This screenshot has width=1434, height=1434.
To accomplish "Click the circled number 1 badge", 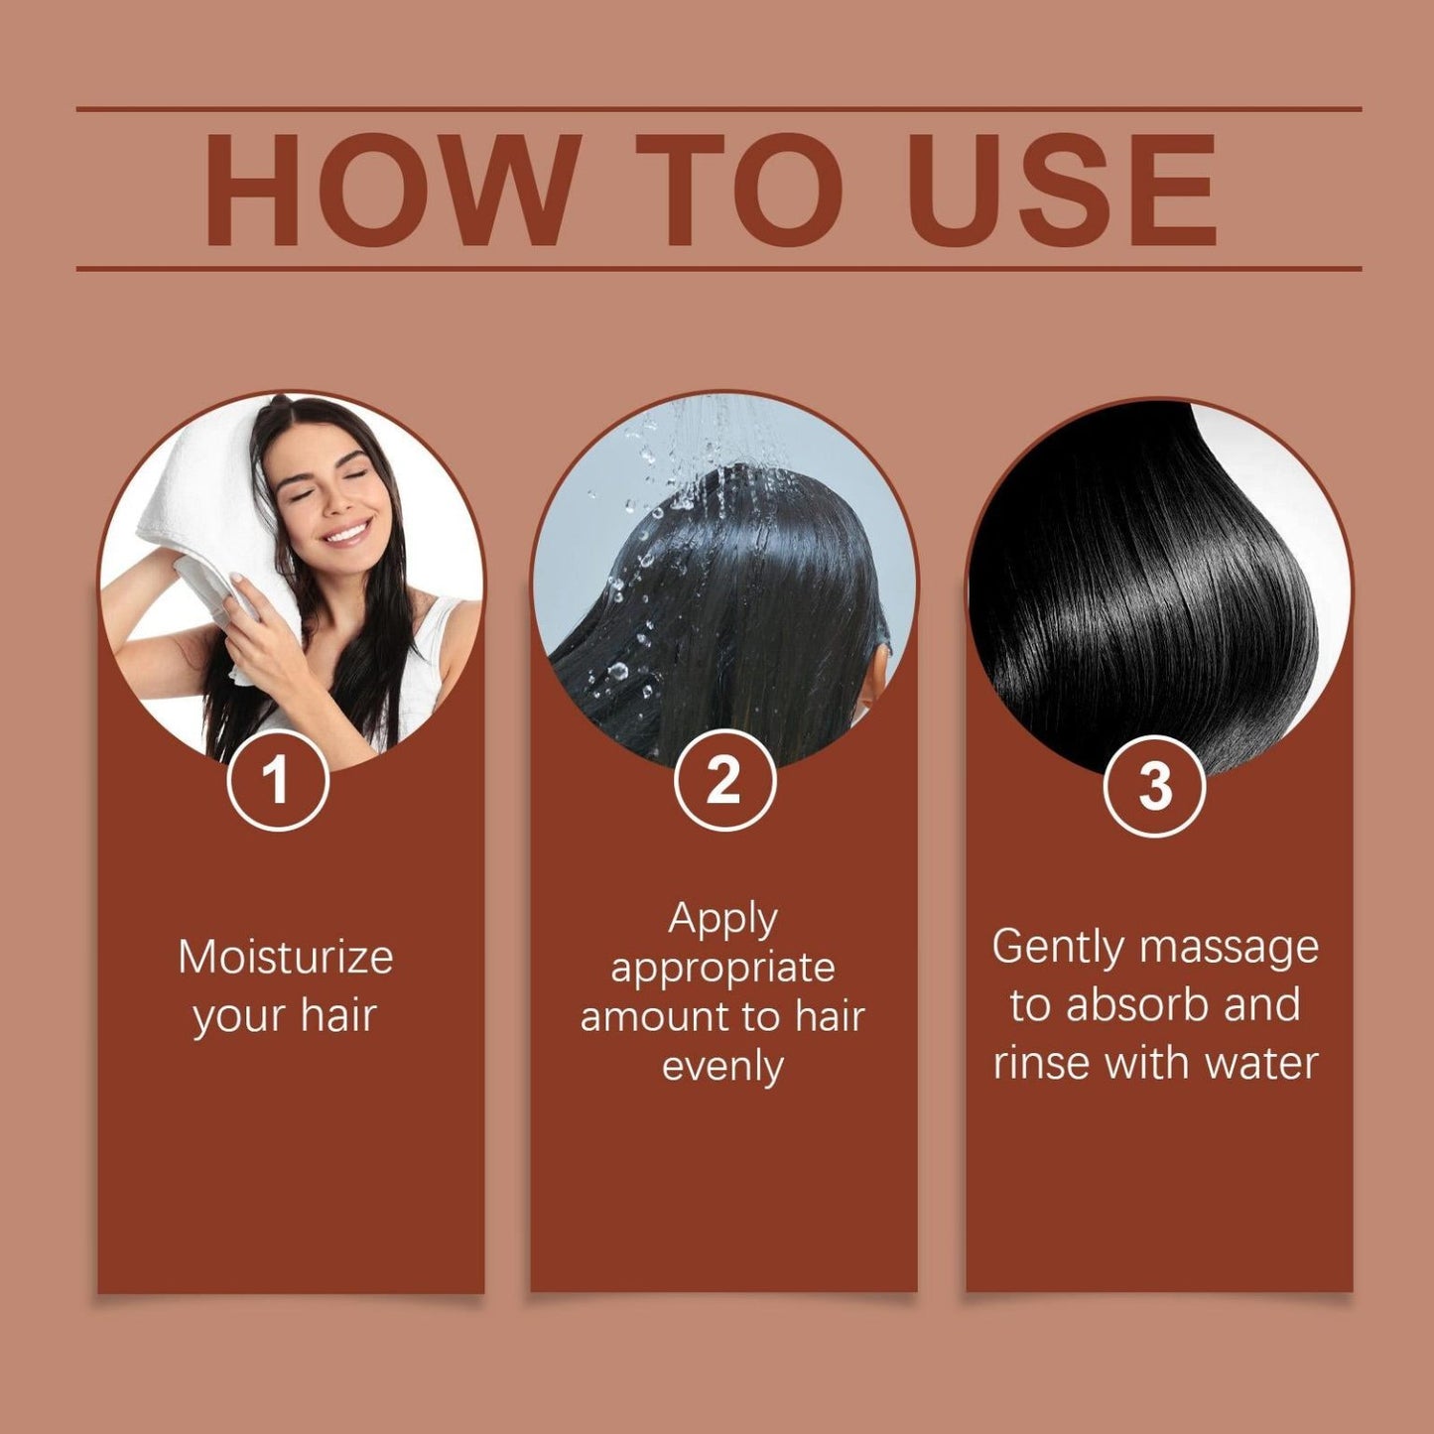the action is pos(278,782).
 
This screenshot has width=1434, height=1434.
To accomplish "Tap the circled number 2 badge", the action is pos(724,781).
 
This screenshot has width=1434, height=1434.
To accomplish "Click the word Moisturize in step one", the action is pos(286,957).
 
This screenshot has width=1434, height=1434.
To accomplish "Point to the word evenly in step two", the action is pos(722,1067).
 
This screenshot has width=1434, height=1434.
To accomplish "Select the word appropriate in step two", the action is pos(722,970).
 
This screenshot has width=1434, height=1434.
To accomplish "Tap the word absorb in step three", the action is pos(1136,1004).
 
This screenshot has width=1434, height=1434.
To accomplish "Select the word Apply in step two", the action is pos(721,922).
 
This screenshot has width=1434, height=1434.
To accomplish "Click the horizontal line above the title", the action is pos(718,109).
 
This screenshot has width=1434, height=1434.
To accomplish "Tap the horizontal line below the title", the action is pos(718,268).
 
